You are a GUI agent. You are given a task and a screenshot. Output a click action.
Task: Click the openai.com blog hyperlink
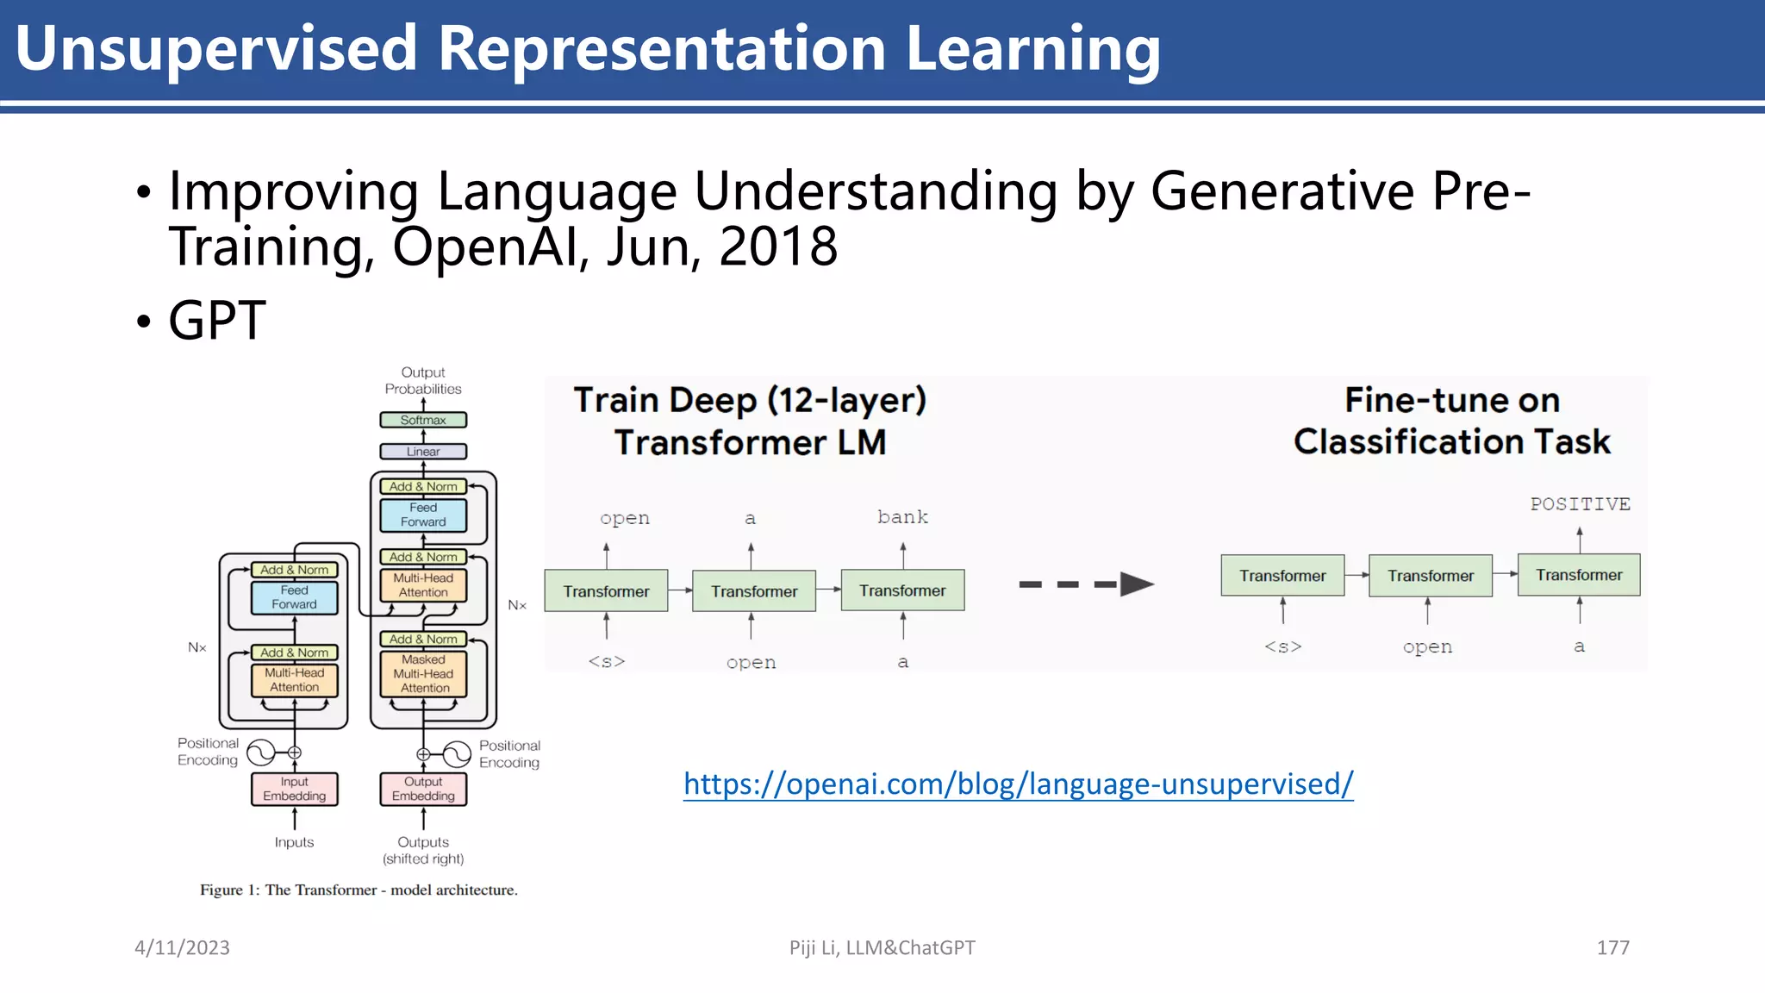pos(1018,784)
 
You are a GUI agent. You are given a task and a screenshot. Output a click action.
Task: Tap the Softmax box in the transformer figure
pos(423,420)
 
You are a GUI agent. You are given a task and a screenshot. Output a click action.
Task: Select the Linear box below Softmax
pos(423,452)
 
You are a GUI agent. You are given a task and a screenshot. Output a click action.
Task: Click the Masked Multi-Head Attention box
pos(423,674)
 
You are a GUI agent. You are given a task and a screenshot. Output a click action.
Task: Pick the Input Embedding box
pos(294,789)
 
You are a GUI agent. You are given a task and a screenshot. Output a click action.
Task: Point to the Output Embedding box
pos(423,789)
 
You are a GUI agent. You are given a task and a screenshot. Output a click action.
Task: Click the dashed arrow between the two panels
pos(1086,584)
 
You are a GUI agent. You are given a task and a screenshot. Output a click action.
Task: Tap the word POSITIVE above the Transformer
pos(1580,504)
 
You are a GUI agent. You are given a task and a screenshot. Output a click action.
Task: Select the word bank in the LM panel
pos(902,517)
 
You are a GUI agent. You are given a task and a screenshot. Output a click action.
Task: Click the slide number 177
pos(1612,948)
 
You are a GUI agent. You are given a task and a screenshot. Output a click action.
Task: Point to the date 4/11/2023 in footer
pos(182,948)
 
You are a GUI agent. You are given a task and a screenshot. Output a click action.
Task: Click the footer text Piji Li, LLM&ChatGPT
pos(882,948)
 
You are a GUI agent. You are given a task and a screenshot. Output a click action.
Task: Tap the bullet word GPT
pos(217,321)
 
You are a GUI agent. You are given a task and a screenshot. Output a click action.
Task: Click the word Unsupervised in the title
pos(215,48)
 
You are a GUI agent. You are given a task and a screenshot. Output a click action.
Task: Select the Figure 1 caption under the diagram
pos(359,890)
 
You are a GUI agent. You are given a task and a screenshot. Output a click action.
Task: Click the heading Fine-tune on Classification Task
pos(1451,422)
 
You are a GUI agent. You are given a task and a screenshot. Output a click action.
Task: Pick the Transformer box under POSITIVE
pos(1578,575)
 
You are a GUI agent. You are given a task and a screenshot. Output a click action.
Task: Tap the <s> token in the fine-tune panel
pos(1282,646)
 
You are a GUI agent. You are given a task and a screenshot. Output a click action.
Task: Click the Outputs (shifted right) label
pos(423,850)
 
